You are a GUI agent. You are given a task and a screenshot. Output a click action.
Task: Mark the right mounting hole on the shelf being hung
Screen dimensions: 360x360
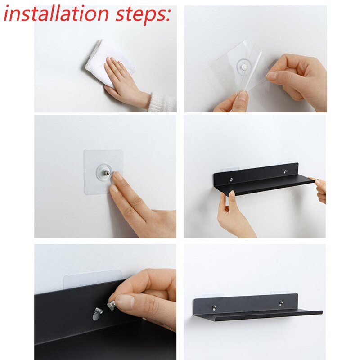(x=285, y=172)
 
